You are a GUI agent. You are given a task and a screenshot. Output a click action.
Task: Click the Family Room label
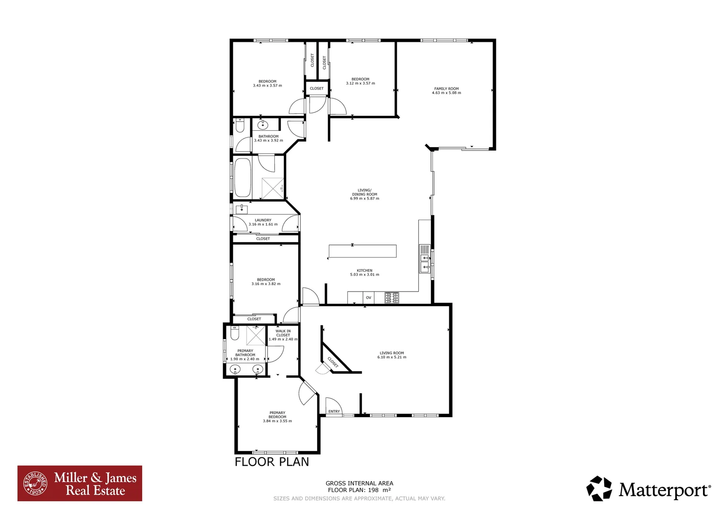point(446,88)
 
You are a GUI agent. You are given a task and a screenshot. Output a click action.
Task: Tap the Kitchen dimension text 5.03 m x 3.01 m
point(364,275)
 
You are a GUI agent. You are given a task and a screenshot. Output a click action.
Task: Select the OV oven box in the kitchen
point(368,298)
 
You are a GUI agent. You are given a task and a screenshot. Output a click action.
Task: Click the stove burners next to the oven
point(391,298)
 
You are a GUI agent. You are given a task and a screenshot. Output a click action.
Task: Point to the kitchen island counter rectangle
point(362,251)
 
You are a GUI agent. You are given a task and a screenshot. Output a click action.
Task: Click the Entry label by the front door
point(334,412)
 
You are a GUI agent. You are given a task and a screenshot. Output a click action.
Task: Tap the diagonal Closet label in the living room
point(333,362)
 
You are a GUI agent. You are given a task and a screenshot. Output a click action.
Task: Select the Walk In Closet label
point(283,333)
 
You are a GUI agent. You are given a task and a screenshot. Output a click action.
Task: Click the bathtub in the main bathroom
point(242,177)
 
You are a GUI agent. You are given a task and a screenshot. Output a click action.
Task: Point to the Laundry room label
point(263,220)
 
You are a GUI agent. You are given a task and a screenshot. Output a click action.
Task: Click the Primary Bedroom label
point(277,415)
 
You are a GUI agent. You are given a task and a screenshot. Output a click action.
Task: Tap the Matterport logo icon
point(599,489)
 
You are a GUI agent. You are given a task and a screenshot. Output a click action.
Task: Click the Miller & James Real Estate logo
point(80,484)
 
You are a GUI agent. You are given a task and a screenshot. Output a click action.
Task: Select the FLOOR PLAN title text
point(272,462)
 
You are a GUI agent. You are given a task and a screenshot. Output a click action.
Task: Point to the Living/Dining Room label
point(364,192)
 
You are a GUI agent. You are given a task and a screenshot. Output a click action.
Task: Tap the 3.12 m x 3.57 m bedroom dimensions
point(360,84)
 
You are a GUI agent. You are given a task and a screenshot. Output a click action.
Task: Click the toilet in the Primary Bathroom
point(235,333)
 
